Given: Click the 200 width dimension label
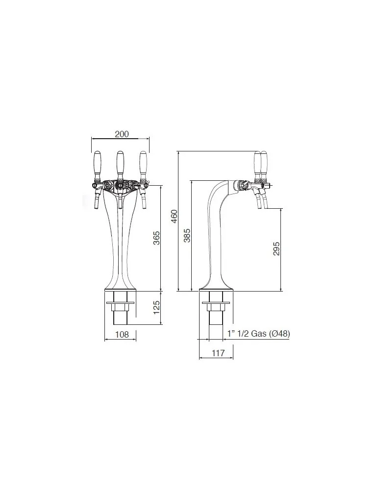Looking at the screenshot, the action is (122, 134).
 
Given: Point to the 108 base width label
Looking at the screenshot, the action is (122, 335).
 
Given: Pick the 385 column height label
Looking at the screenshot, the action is (187, 236).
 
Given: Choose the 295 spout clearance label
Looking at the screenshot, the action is (277, 248).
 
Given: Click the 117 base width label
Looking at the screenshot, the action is (218, 353).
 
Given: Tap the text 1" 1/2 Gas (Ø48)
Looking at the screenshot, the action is (258, 334).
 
